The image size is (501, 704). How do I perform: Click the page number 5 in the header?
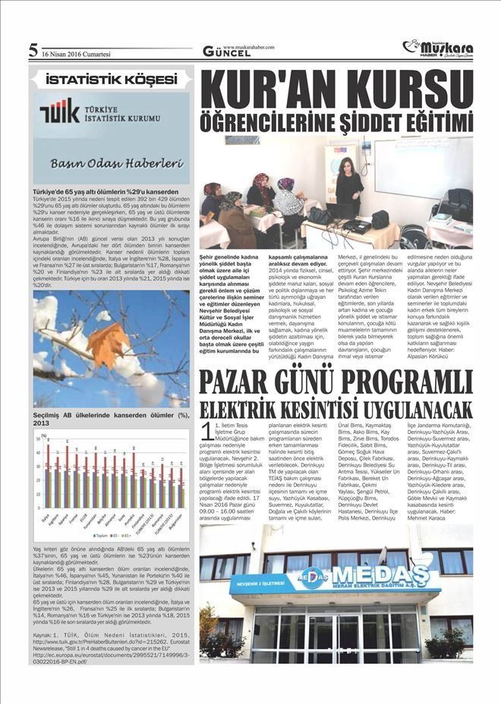[x=33, y=50]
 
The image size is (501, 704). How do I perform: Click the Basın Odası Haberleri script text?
[x=114, y=162]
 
